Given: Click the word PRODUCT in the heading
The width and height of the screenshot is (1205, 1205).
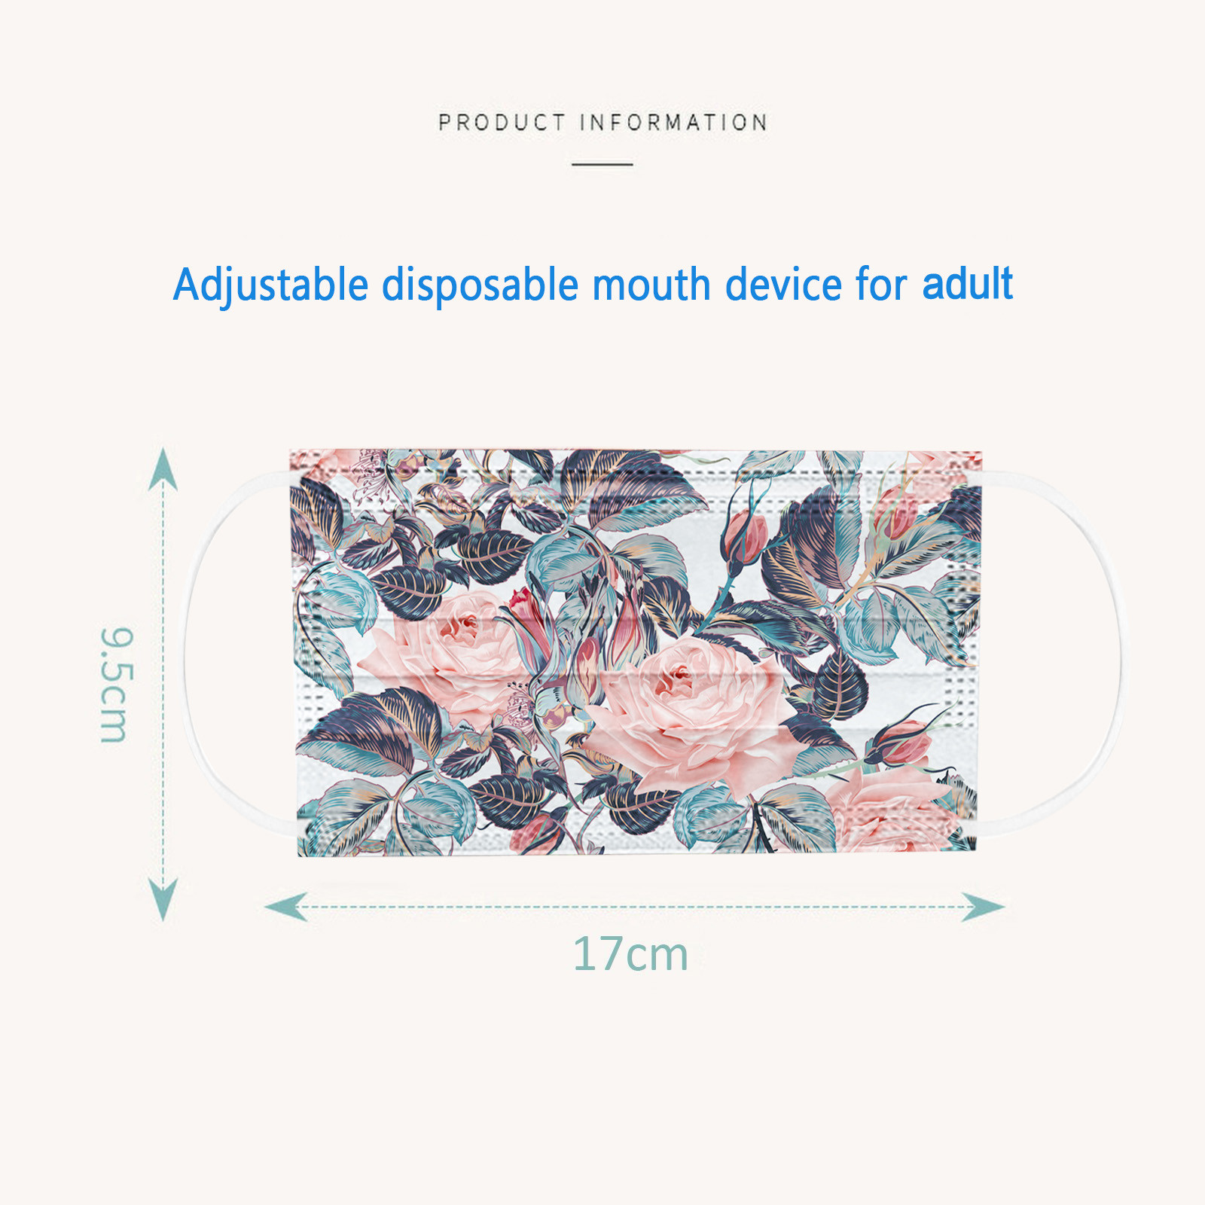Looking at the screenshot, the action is point(502,122).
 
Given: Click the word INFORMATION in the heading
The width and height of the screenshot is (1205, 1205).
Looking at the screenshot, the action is point(674,122).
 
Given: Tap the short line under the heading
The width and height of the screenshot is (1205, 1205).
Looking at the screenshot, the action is point(602,163).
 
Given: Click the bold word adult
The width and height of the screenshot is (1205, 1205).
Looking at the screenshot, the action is point(968,283).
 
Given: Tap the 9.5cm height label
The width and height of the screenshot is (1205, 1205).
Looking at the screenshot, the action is point(117,685).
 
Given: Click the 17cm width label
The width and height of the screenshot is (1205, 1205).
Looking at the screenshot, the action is point(631,954).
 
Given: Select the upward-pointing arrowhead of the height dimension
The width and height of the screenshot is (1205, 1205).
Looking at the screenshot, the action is point(163,468).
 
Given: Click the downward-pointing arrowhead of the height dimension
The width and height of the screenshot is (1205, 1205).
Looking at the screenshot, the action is point(163,900).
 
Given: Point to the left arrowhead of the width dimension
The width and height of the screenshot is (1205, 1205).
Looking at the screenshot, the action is point(286,907).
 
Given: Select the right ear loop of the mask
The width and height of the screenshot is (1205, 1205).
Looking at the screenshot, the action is point(1117,648).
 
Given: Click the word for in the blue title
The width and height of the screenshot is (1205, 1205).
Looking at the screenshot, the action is point(882,285).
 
